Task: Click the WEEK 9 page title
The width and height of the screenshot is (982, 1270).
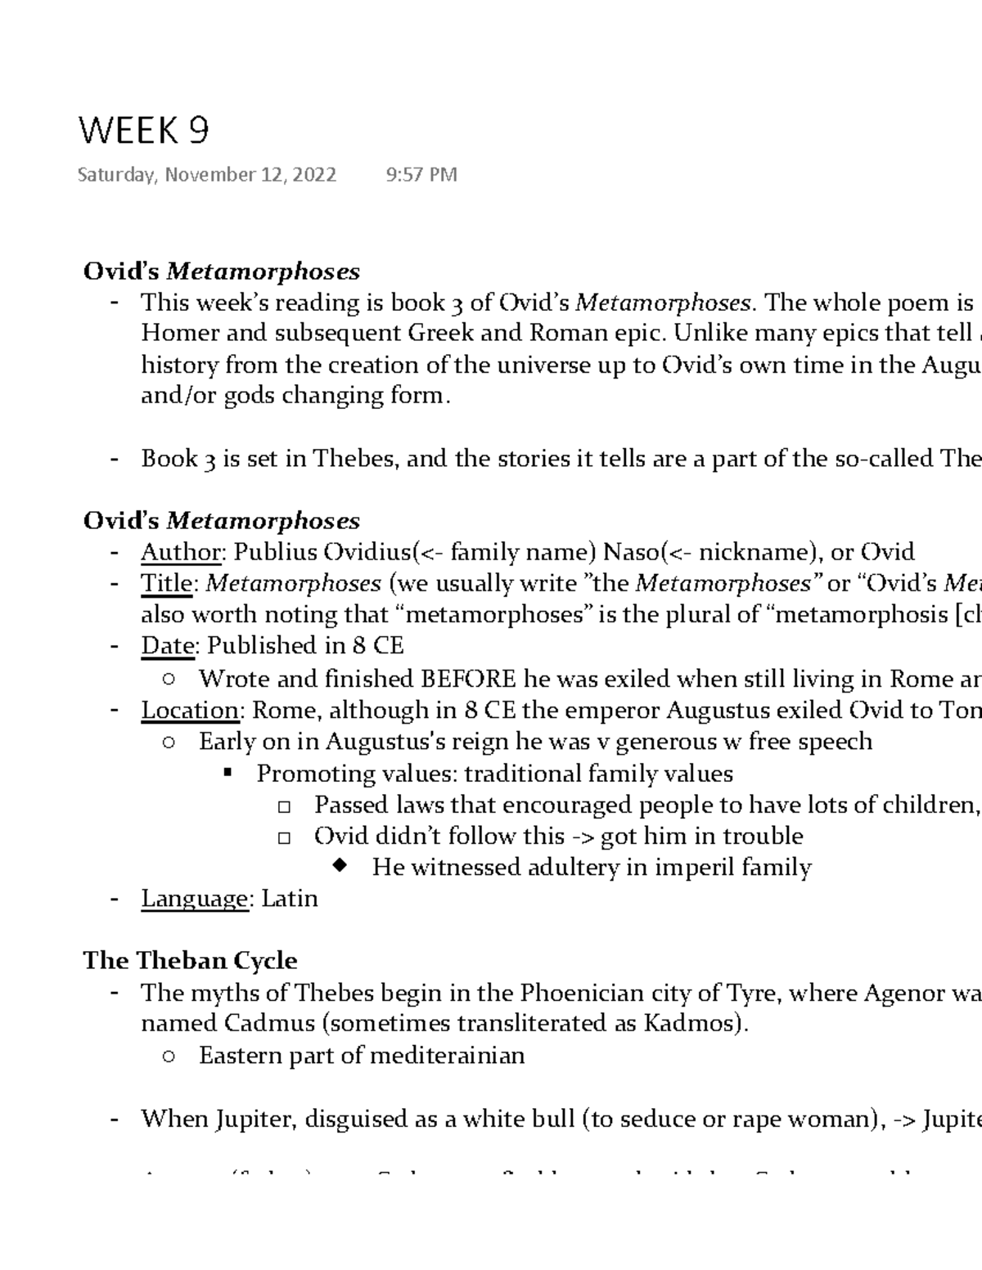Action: pyautogui.click(x=143, y=131)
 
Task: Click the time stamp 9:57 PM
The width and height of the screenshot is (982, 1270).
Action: pyautogui.click(x=421, y=175)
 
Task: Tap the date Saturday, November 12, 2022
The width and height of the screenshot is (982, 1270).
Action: pyautogui.click(x=206, y=175)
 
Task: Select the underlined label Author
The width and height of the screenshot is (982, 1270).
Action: pyautogui.click(x=180, y=553)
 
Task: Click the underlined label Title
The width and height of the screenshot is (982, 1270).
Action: pyautogui.click(x=168, y=584)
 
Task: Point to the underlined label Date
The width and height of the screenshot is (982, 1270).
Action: pyautogui.click(x=168, y=646)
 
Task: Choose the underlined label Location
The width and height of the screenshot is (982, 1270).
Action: pyautogui.click(x=190, y=710)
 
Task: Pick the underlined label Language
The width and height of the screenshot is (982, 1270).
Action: pyautogui.click(x=195, y=899)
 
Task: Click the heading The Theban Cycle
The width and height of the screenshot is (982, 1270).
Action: pyautogui.click(x=190, y=960)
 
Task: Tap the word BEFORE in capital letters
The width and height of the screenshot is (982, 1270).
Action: pyautogui.click(x=468, y=679)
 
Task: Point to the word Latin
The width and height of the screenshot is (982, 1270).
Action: pyautogui.click(x=289, y=899)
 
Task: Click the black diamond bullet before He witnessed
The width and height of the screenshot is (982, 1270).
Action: pyautogui.click(x=341, y=867)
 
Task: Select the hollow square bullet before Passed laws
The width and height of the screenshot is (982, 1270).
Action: pyautogui.click(x=284, y=806)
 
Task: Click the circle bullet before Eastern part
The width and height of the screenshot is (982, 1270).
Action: pyautogui.click(x=169, y=1057)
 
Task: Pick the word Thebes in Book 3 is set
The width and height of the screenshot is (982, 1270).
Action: pyautogui.click(x=356, y=459)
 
